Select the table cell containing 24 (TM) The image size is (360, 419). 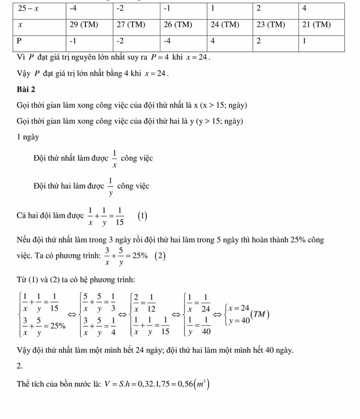224,25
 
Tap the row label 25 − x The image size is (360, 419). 31,9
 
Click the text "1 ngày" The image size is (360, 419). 28,137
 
